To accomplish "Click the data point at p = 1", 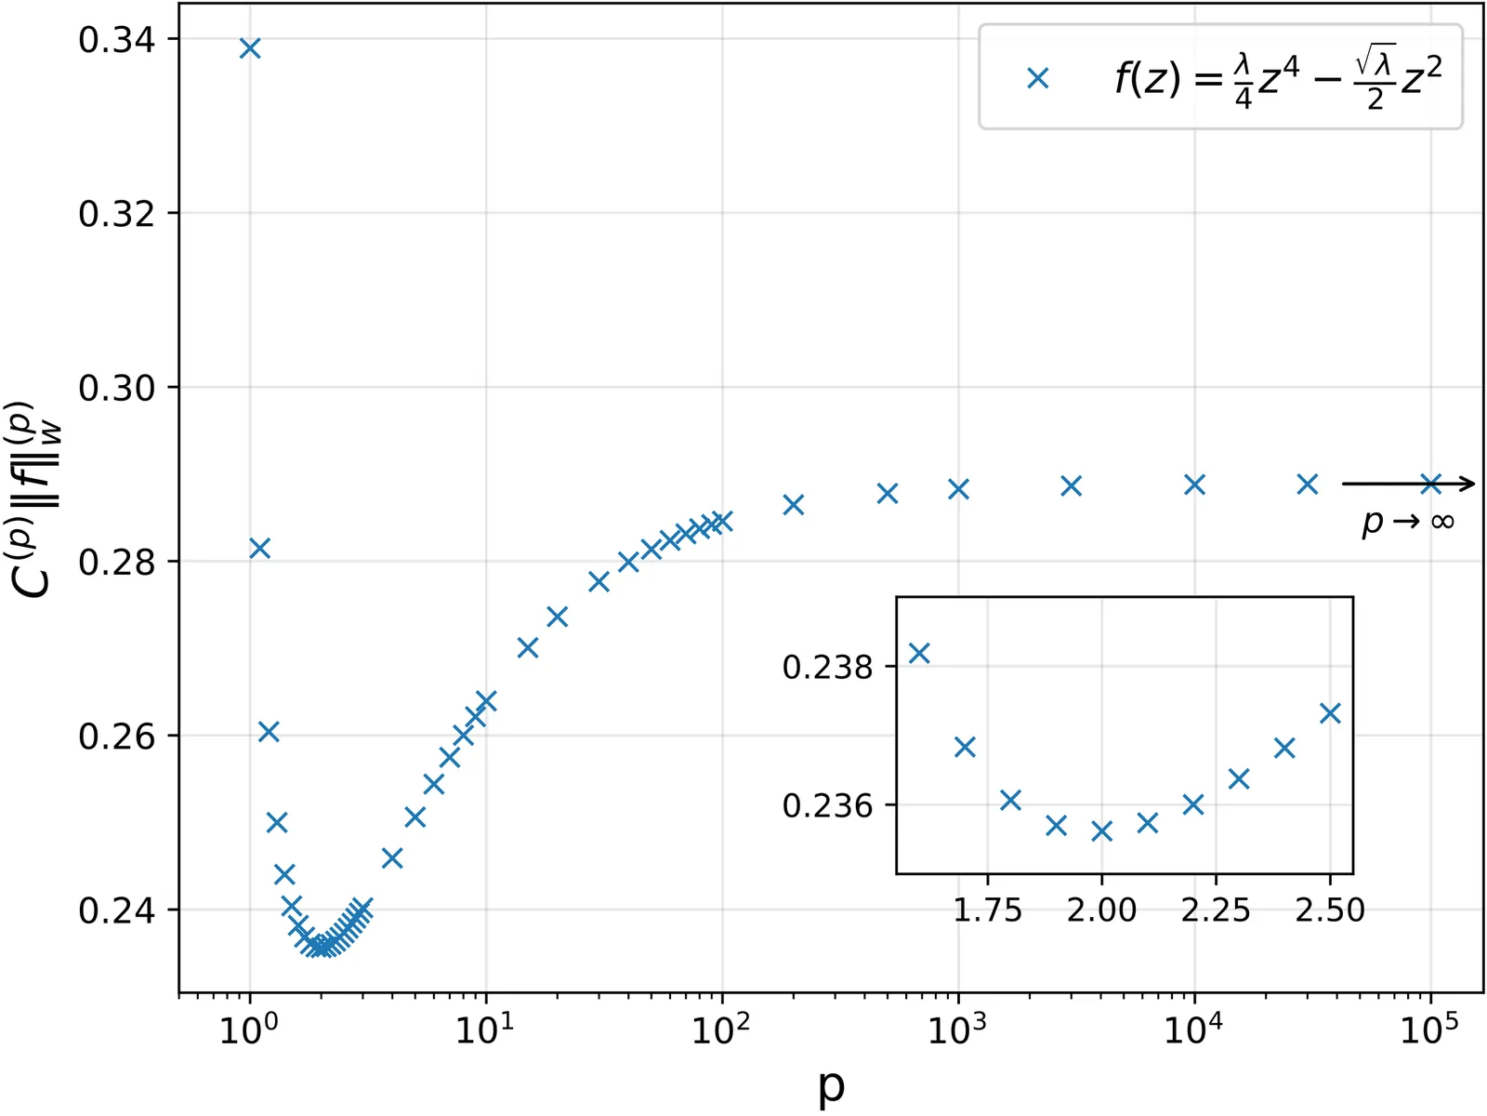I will pyautogui.click(x=249, y=47).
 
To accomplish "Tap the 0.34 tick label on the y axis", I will pyautogui.click(x=116, y=40).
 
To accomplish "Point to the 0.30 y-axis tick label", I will pyautogui.click(x=116, y=388).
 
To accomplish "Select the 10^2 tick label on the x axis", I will pyautogui.click(x=720, y=1030).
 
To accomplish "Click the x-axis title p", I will pyautogui.click(x=831, y=1085).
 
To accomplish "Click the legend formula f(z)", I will pyautogui.click(x=1278, y=78).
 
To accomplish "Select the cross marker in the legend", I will pyautogui.click(x=1038, y=78).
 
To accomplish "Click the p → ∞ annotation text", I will pyautogui.click(x=1407, y=522).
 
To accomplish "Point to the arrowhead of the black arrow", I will pyautogui.click(x=1467, y=483).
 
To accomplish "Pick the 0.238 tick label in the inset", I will pyautogui.click(x=828, y=667).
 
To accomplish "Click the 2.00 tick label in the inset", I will pyautogui.click(x=1101, y=909).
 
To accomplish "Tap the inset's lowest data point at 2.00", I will pyautogui.click(x=1101, y=830).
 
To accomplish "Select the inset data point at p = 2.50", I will pyautogui.click(x=1330, y=712).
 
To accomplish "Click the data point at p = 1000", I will pyautogui.click(x=958, y=488).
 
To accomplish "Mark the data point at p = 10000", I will pyautogui.click(x=1194, y=484).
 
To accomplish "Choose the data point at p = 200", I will pyautogui.click(x=793, y=504).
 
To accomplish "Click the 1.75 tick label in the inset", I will pyautogui.click(x=987, y=909).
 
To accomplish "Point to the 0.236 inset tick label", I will pyautogui.click(x=828, y=805).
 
